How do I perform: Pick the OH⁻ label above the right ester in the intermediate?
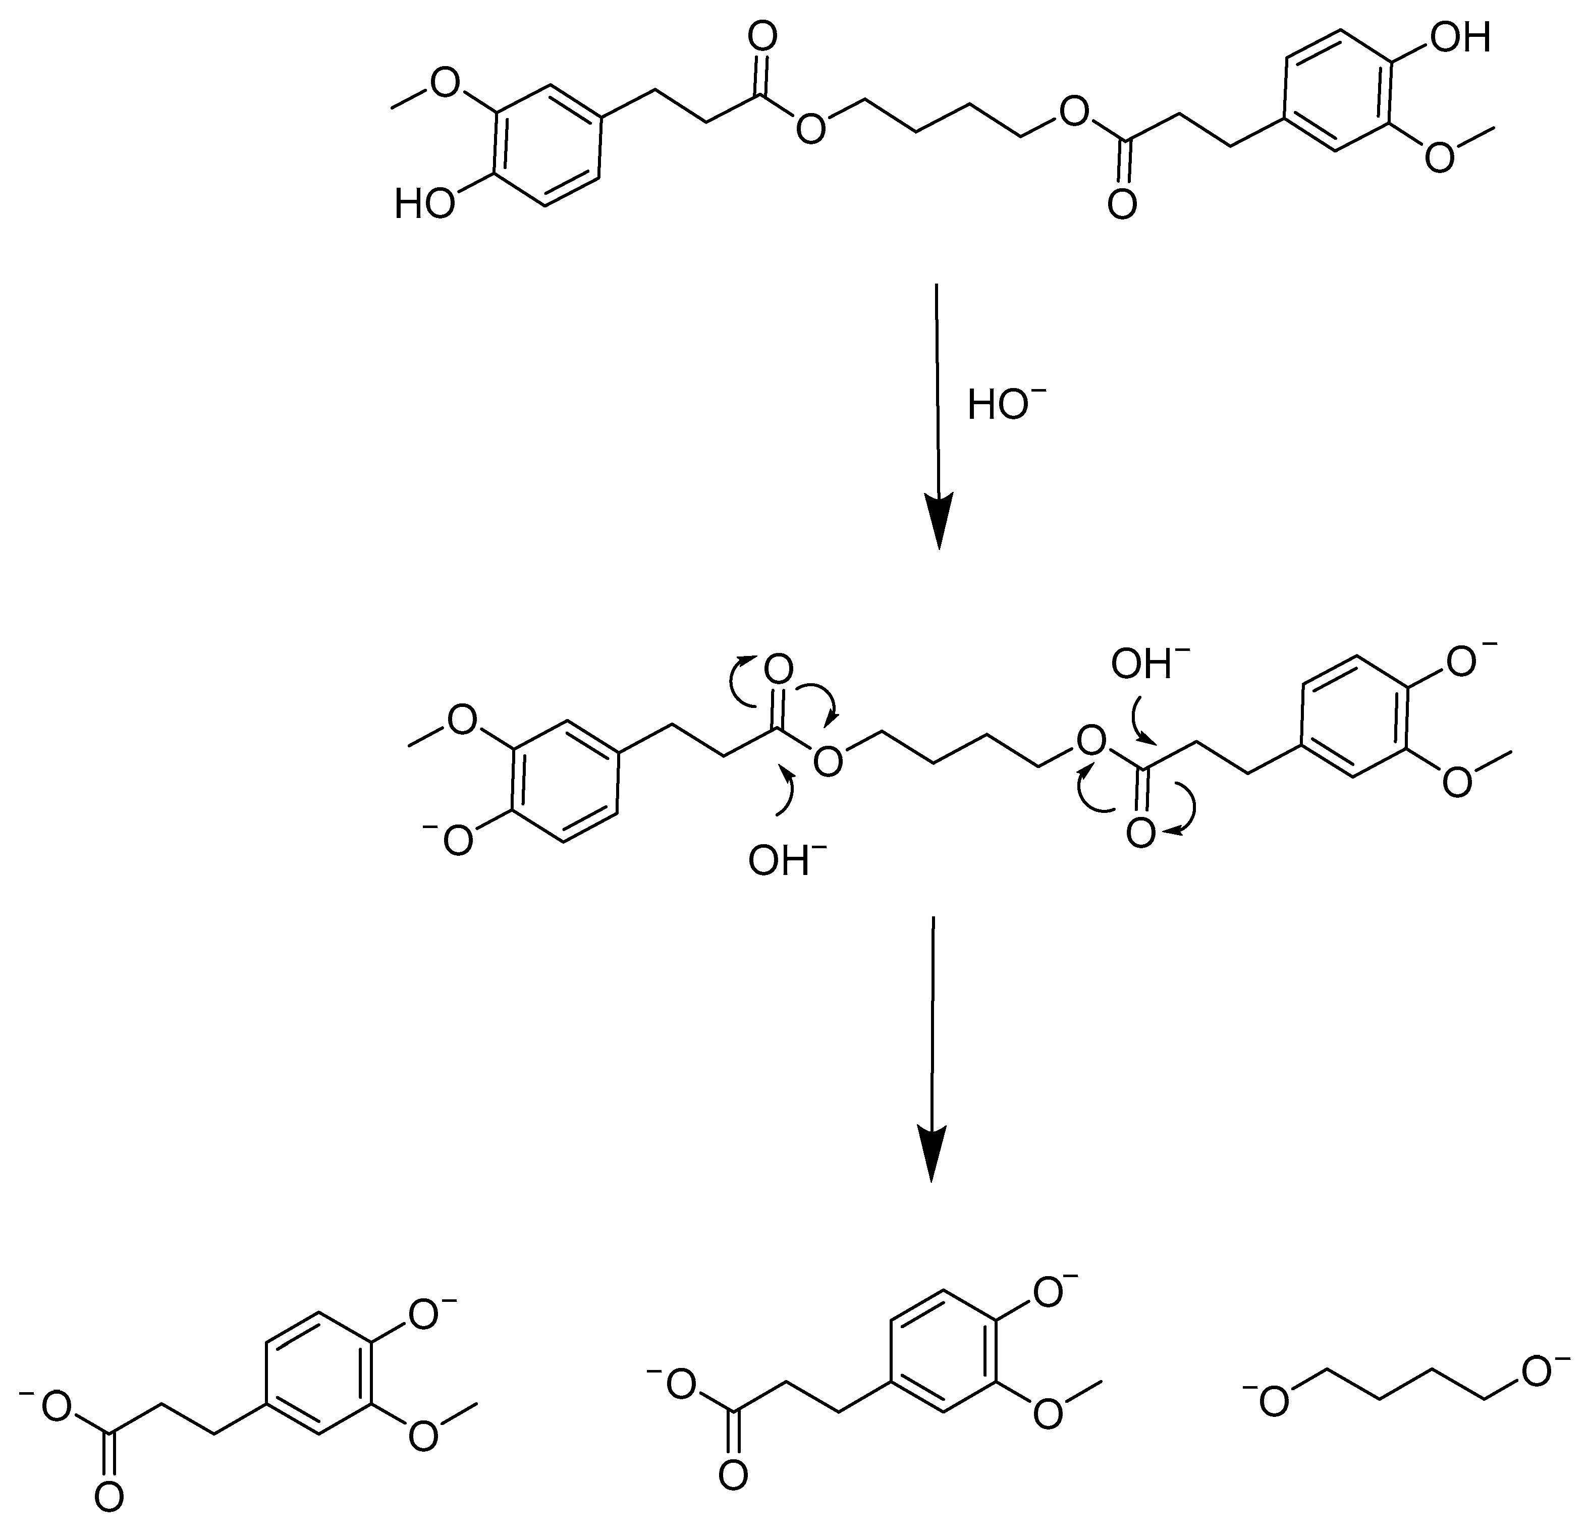(x=1149, y=665)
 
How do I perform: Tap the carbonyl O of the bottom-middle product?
(x=733, y=1474)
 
